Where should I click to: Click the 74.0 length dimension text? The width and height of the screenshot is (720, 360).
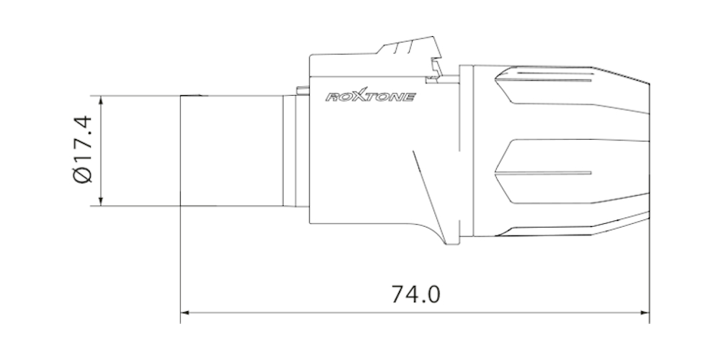coord(415,294)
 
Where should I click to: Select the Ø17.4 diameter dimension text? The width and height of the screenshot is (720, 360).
coord(83,150)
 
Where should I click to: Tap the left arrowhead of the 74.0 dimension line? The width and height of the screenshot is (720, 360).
coord(184,312)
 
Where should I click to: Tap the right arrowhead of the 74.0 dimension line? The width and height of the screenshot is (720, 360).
coord(645,312)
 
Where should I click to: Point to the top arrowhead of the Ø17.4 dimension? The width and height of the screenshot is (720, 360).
coord(101,100)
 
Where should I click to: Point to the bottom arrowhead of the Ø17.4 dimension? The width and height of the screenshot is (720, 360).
coord(101,202)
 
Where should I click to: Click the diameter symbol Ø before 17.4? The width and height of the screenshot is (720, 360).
coord(83,176)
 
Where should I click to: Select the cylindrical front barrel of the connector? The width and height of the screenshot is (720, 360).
coord(231,150)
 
